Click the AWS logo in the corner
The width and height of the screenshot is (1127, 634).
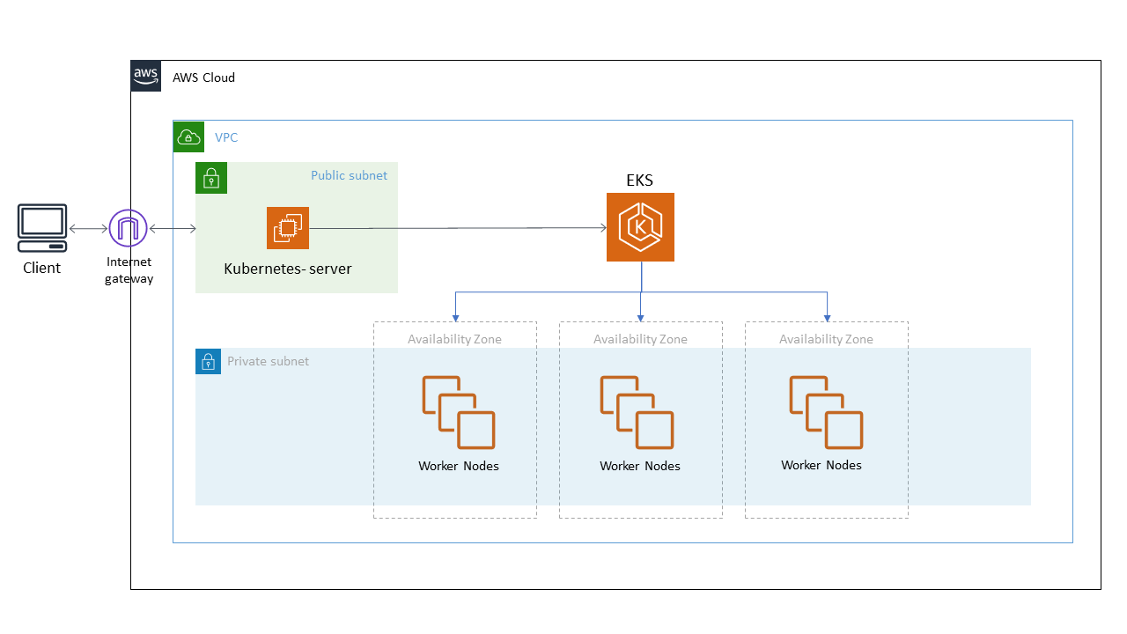[x=146, y=76]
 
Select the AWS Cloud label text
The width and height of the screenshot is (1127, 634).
[x=203, y=77]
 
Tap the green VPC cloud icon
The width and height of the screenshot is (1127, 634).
[x=188, y=136]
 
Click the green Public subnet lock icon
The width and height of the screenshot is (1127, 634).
[x=211, y=178]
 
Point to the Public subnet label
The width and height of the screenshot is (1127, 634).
[x=349, y=175]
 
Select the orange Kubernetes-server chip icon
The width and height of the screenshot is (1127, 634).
[x=288, y=228]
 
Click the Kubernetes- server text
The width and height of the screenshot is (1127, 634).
[x=288, y=269]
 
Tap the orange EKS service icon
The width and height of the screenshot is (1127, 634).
[x=640, y=227]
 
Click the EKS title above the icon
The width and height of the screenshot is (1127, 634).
[x=639, y=180]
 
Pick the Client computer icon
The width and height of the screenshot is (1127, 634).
[x=42, y=228]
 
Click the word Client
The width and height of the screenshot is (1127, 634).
[x=42, y=268]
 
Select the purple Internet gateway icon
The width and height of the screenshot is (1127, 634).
[x=129, y=229]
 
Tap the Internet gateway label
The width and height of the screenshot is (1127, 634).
[x=129, y=270]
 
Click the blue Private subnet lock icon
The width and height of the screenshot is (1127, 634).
[x=208, y=361]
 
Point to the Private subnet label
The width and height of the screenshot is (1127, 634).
[x=268, y=361]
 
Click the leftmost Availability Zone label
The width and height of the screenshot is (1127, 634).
[x=454, y=339]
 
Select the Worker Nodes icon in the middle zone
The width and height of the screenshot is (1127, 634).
[x=637, y=412]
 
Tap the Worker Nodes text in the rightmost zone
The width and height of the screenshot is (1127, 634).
[x=821, y=465]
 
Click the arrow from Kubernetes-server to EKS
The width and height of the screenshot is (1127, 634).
[x=458, y=228]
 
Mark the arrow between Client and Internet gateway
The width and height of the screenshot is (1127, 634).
[x=87, y=229]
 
